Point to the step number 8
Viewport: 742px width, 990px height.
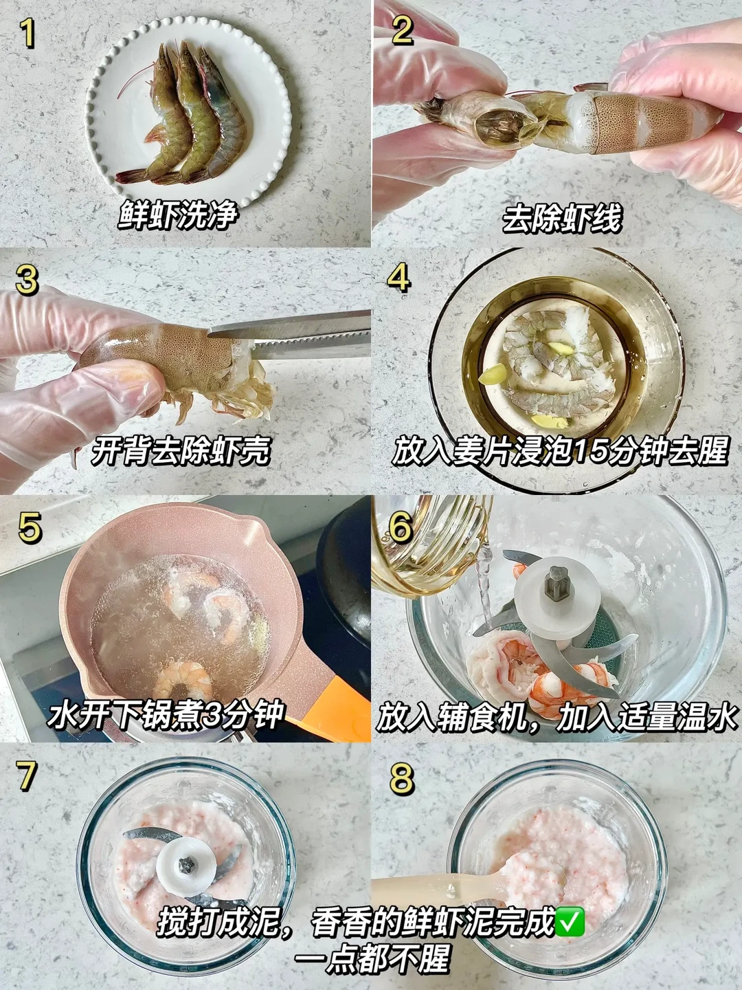[401, 778]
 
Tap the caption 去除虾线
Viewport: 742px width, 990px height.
[561, 218]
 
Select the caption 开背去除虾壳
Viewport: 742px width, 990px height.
[180, 451]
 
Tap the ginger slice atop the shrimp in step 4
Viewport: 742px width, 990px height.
[560, 348]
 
